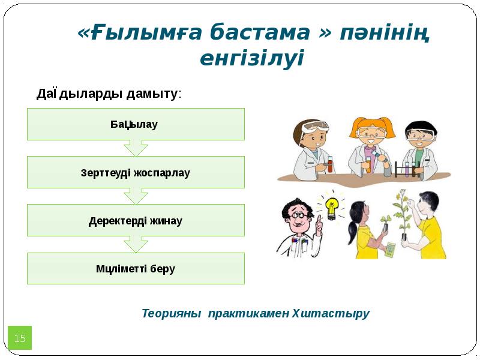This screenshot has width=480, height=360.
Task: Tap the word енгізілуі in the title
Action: pyautogui.click(x=252, y=59)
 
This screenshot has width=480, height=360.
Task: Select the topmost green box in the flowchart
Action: pyautogui.click(x=136, y=124)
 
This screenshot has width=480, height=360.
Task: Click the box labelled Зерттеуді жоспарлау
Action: pyautogui.click(x=136, y=172)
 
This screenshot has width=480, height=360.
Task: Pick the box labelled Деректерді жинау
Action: pyautogui.click(x=136, y=220)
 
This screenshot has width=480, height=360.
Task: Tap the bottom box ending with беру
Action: pyautogui.click(x=136, y=268)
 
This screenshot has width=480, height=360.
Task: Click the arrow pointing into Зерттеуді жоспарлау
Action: pyautogui.click(x=136, y=148)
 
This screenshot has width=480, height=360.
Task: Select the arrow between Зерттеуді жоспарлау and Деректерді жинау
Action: pyautogui.click(x=136, y=196)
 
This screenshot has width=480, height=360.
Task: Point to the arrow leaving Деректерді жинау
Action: pyautogui.click(x=136, y=244)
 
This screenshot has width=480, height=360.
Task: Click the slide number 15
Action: pyautogui.click(x=20, y=338)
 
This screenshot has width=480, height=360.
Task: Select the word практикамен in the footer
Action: pyautogui.click(x=248, y=313)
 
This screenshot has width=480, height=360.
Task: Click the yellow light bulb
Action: pyautogui.click(x=331, y=206)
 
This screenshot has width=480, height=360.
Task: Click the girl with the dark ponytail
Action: pyautogui.click(x=364, y=231)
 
